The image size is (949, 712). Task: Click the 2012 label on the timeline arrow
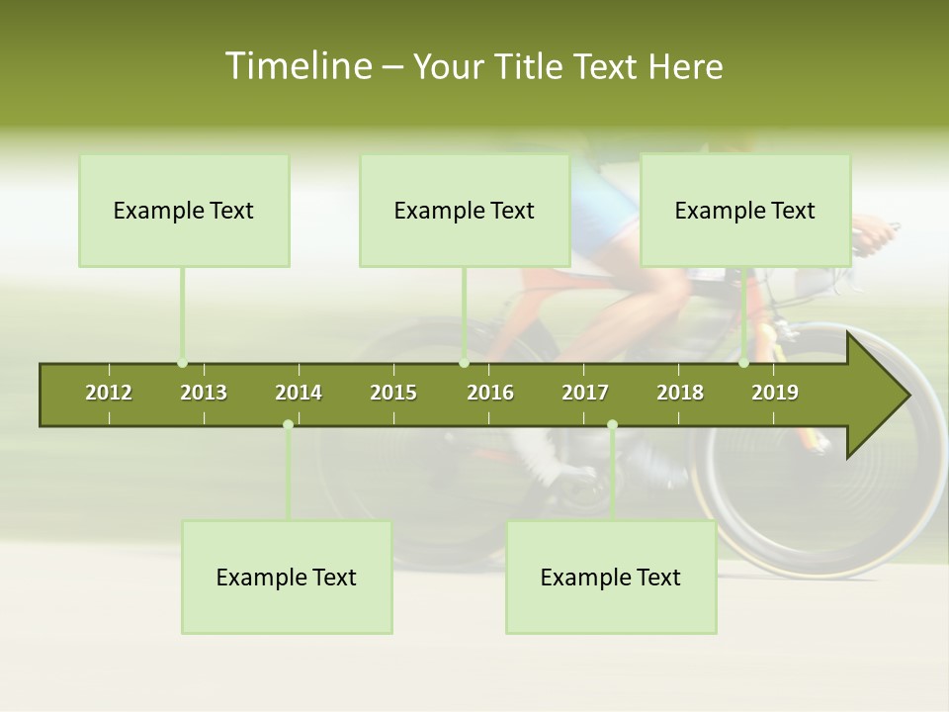point(109,393)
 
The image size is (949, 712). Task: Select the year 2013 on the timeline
point(204,393)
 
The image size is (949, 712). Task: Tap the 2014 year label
point(299,393)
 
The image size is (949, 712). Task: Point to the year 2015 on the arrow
point(393,393)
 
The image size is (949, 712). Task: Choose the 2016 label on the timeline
point(490,393)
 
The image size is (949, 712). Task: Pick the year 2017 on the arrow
point(585,393)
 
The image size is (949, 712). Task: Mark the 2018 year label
point(680,393)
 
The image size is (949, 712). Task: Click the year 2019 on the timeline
point(775,393)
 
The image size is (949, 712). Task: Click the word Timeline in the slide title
point(297,66)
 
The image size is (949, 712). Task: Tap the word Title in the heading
point(531,66)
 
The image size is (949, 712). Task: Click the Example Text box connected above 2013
point(184,211)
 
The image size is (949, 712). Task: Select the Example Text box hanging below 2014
point(287,578)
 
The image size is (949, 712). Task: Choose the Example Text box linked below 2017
point(611,578)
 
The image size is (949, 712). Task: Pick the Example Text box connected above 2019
point(745,211)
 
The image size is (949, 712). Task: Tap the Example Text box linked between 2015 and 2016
point(465,211)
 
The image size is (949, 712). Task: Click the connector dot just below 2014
point(288,424)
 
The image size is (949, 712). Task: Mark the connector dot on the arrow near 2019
point(743,363)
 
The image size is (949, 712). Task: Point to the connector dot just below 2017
point(612,424)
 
